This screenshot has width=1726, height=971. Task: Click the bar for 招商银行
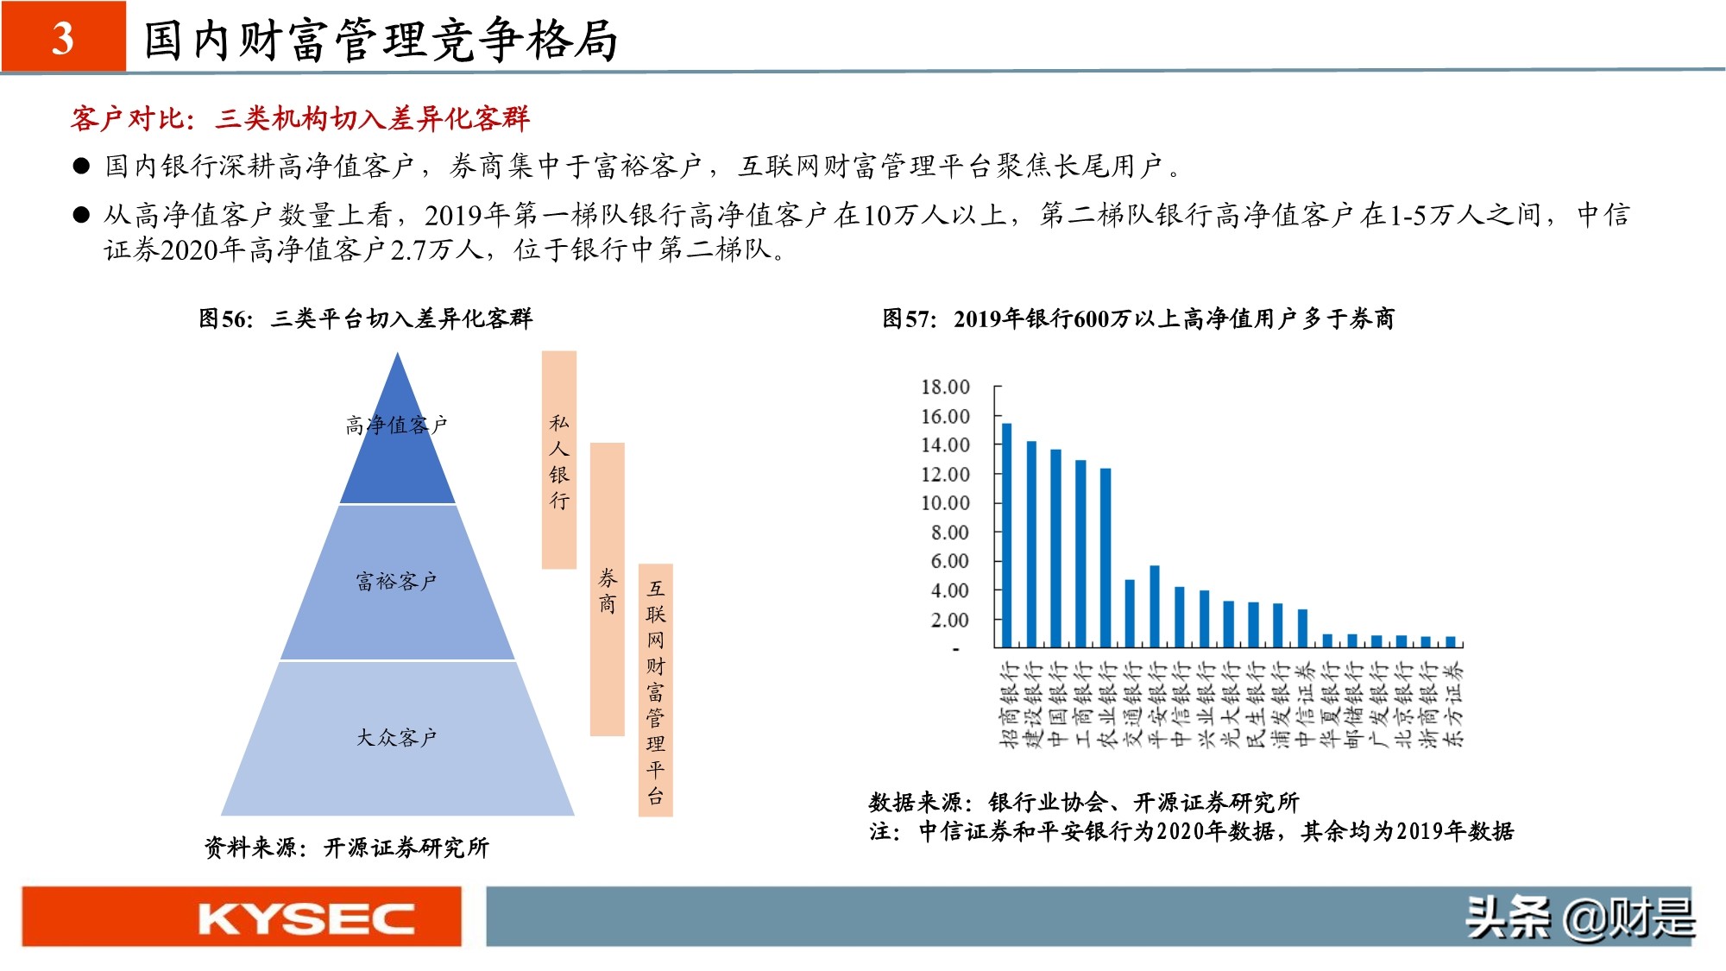tap(1006, 535)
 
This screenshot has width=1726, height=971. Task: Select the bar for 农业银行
tap(1106, 558)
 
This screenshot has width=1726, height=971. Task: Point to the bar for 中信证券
tap(1302, 628)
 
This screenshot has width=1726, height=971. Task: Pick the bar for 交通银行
tap(1130, 613)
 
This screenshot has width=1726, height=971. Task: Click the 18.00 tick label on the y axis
tap(945, 387)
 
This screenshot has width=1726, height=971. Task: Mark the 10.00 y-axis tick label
tap(945, 502)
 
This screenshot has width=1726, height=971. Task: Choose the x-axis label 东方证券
tap(1454, 703)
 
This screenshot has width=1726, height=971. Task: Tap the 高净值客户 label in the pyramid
tap(397, 425)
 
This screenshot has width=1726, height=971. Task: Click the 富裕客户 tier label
tap(397, 581)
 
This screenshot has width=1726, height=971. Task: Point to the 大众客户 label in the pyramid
tap(397, 737)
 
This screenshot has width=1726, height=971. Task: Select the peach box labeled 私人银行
tap(559, 460)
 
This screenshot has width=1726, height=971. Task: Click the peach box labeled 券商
tap(608, 590)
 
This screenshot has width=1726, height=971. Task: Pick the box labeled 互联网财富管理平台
tap(656, 690)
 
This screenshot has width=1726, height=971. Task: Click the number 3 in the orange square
tap(63, 38)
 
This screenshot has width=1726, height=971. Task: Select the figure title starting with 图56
tap(366, 318)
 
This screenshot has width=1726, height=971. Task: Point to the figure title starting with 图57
tap(1137, 318)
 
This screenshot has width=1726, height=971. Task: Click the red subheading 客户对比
tap(299, 118)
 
